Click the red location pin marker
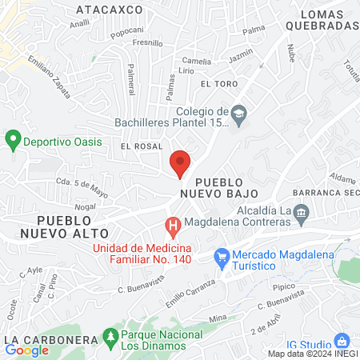(181, 163)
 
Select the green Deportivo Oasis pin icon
(12, 141)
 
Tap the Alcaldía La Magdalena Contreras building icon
(301, 211)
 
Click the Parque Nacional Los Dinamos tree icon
(110, 338)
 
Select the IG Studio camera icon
(342, 340)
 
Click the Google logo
(27, 350)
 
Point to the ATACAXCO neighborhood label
(109, 10)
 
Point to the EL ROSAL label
(142, 146)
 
